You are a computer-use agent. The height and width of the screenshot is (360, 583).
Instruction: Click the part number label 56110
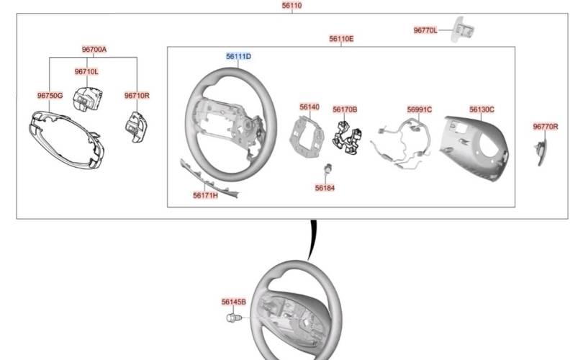click(292, 5)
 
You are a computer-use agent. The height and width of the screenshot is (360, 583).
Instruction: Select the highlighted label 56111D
click(238, 56)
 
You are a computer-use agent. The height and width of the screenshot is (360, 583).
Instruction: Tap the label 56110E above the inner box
click(341, 39)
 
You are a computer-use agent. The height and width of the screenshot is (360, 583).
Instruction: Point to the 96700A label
click(94, 49)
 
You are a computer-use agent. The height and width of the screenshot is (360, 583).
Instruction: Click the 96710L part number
click(86, 71)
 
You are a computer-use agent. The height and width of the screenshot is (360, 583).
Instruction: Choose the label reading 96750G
click(50, 96)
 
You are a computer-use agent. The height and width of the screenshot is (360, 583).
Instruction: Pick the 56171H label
click(205, 195)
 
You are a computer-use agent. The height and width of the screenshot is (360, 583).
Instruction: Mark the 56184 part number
click(325, 188)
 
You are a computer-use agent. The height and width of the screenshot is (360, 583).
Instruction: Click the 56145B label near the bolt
click(233, 302)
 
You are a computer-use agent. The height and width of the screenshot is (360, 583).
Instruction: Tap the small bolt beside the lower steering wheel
click(234, 318)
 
